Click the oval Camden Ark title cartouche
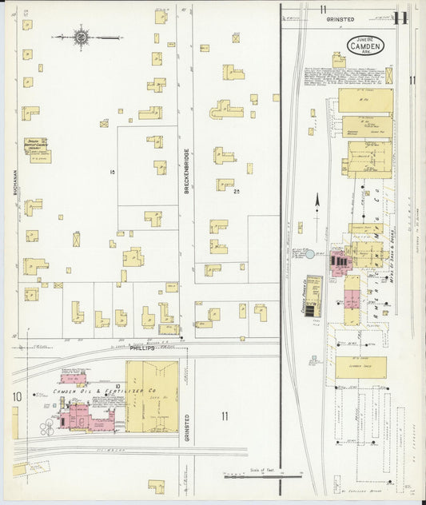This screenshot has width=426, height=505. pos(366,46)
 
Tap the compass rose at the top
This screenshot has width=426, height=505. pos(81,36)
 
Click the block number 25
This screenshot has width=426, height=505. pos(237,192)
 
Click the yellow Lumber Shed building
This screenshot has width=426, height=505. pos(360,367)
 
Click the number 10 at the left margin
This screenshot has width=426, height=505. pos(16,396)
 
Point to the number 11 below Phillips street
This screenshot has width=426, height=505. pos(225,415)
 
